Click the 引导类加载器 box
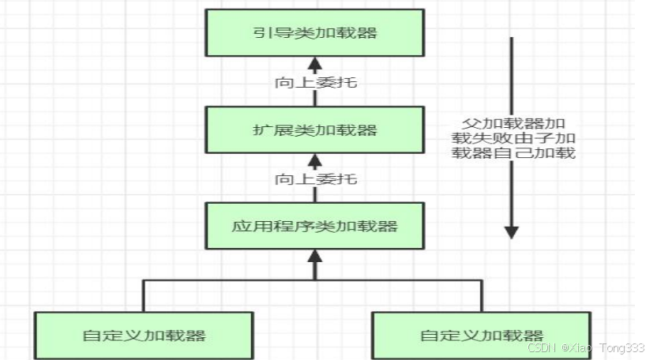[x=314, y=32]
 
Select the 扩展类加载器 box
[x=314, y=129]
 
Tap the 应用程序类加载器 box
[x=314, y=226]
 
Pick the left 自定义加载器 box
[x=144, y=335]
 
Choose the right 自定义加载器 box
[x=481, y=335]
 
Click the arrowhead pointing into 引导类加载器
[x=314, y=63]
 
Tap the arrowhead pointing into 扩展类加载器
[x=314, y=160]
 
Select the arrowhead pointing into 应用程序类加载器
[x=314, y=256]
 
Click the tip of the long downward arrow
[x=512, y=233]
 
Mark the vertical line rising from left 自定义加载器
[x=144, y=295]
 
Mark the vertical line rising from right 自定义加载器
[x=482, y=295]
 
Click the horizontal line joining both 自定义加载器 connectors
[x=237, y=280]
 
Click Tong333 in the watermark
[x=626, y=347]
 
